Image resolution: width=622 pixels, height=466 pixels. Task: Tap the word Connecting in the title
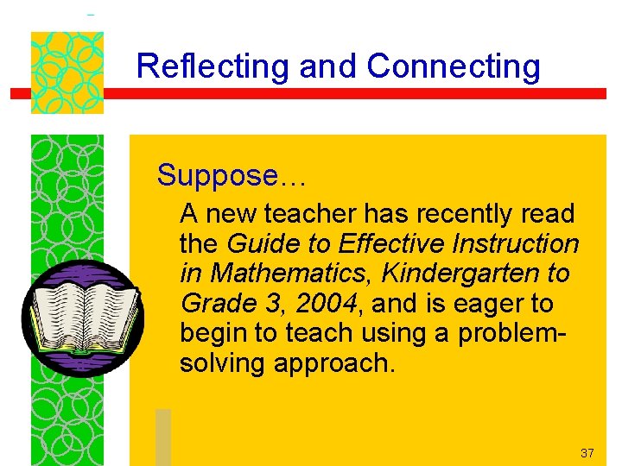click(x=454, y=66)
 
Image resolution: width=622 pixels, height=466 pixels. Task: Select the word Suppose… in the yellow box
click(x=231, y=176)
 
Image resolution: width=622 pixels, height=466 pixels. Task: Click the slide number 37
click(x=587, y=453)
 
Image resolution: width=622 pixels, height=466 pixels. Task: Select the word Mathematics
click(x=293, y=274)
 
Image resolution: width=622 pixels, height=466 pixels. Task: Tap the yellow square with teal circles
click(x=67, y=72)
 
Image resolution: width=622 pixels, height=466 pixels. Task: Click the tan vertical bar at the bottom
click(x=163, y=437)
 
